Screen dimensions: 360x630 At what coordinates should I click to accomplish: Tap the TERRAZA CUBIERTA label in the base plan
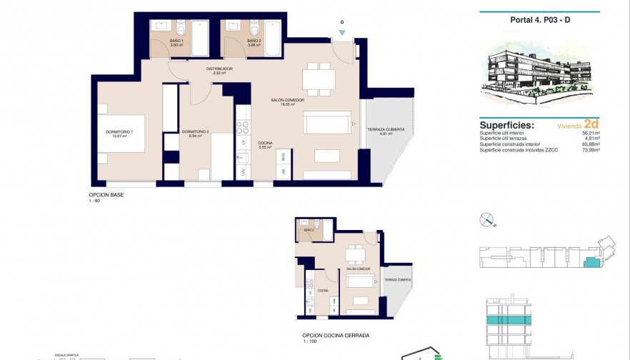(386, 130)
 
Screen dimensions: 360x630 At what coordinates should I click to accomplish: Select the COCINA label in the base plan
(264, 144)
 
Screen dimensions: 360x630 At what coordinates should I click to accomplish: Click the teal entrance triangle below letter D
(342, 32)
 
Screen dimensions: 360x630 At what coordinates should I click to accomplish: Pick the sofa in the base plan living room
(328, 123)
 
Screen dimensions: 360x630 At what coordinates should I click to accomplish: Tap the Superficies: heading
(507, 124)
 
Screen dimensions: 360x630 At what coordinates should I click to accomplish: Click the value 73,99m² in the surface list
(590, 150)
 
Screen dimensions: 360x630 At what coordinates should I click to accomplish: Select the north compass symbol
(487, 219)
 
